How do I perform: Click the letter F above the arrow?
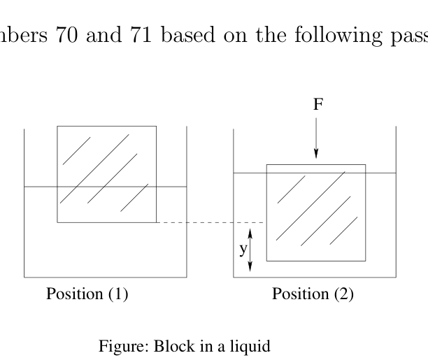coord(318,104)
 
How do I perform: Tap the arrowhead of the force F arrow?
coord(316,154)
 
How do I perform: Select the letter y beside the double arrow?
coord(243,249)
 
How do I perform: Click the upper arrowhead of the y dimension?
coord(250,233)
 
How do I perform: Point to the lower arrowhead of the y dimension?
coord(250,266)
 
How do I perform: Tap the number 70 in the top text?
coord(66,35)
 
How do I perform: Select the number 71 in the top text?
coord(141,35)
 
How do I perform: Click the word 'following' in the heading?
coord(338,35)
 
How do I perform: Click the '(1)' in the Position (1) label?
coord(118,294)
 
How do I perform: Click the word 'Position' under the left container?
coord(75,294)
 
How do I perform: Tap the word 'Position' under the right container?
coord(300,294)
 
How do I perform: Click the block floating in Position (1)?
coord(107,174)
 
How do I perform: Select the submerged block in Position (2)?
coord(316,213)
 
